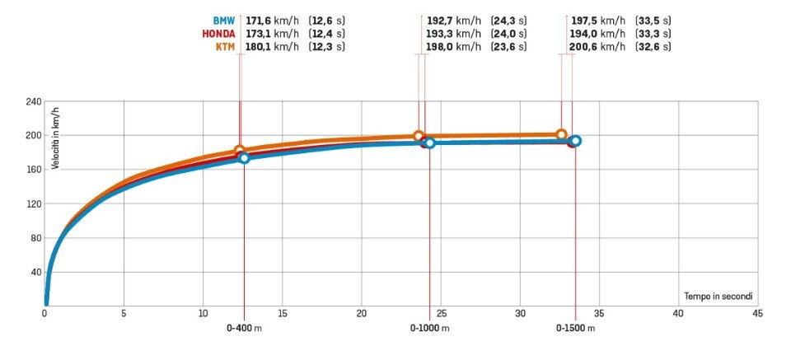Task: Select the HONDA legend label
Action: click(218, 34)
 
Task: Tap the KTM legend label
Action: click(225, 47)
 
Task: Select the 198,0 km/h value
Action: click(453, 47)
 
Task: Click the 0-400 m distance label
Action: click(244, 328)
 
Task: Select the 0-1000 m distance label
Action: click(430, 328)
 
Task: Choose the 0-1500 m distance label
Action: click(575, 328)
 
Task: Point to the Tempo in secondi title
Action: click(718, 295)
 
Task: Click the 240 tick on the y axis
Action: click(33, 101)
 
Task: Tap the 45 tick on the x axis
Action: click(756, 314)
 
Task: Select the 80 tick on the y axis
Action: click(35, 238)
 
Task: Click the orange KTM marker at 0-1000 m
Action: click(419, 136)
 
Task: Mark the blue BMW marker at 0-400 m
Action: click(244, 157)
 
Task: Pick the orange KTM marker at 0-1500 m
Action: click(561, 134)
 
